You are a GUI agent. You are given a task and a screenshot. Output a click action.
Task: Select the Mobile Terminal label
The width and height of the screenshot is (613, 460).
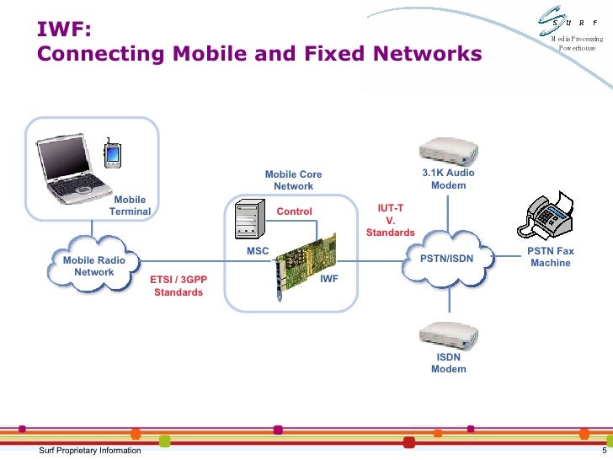(x=130, y=206)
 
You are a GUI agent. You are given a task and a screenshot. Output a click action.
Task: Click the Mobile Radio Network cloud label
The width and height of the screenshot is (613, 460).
(x=94, y=266)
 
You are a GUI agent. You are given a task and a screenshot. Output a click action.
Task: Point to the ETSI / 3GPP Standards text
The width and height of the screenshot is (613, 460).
(x=178, y=286)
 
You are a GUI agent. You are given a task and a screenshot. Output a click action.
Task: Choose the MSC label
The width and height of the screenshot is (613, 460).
(x=258, y=252)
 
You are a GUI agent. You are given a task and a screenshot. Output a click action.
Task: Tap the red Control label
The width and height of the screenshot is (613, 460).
(x=294, y=211)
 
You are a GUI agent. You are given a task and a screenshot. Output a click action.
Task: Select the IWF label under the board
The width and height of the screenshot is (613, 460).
(x=329, y=278)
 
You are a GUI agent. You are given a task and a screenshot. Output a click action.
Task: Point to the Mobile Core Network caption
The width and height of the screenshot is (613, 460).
(x=293, y=180)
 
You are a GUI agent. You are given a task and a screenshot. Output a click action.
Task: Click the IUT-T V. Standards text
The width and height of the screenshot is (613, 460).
(x=390, y=219)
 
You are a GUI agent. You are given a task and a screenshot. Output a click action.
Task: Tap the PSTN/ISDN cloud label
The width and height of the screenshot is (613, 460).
(x=446, y=259)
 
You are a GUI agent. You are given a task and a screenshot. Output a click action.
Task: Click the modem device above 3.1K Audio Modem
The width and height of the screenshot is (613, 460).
(x=449, y=148)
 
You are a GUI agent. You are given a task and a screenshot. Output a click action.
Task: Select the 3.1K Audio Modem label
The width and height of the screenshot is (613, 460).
(x=448, y=179)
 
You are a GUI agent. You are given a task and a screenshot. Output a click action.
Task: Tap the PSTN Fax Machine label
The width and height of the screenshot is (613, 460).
(x=550, y=257)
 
